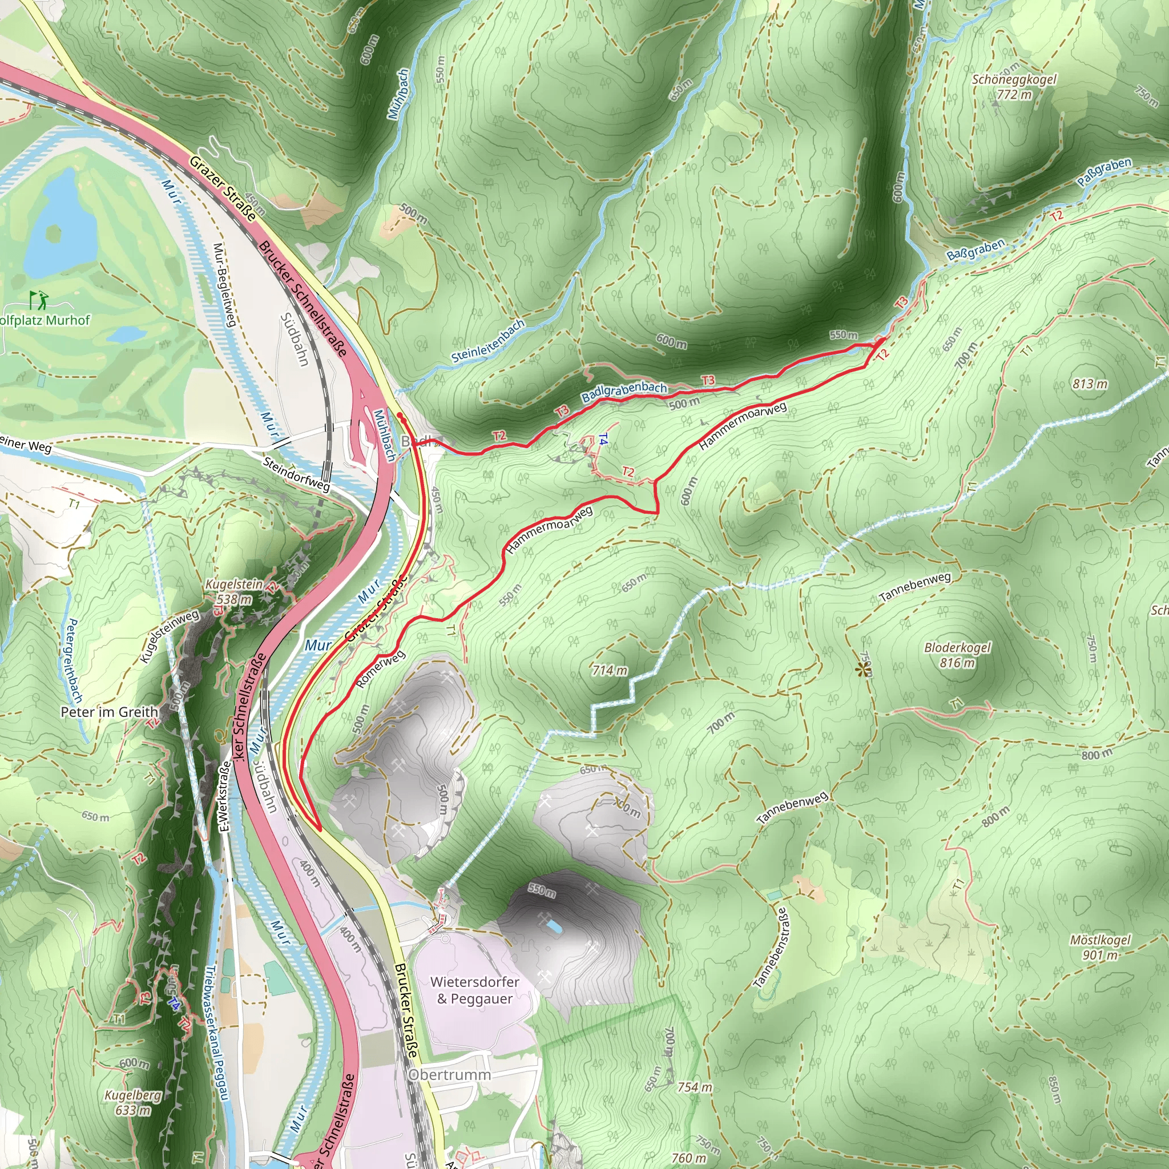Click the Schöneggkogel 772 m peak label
1014,87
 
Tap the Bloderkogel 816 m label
957,655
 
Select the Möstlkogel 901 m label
1100,947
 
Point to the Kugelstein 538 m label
234,591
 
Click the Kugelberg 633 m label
133,1102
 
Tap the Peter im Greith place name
110,712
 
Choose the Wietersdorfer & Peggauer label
475,990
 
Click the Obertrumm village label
450,1074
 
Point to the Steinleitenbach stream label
488,341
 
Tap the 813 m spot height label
1090,384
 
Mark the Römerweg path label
380,669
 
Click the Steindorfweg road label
296,474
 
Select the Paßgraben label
1104,172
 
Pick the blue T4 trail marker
603,440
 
